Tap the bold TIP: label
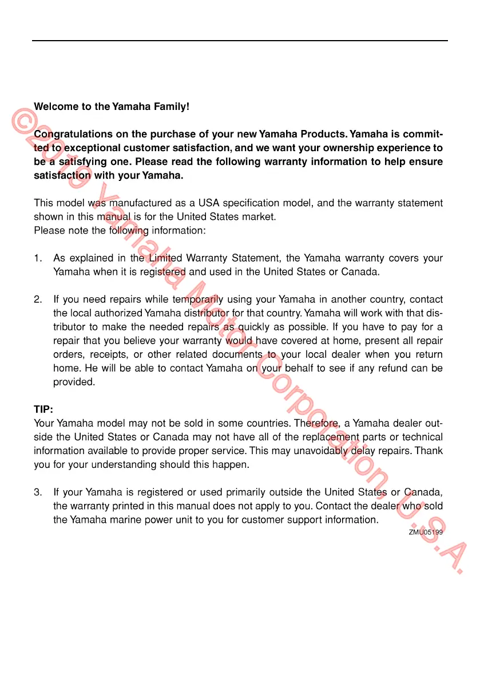43,410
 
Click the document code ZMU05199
426,532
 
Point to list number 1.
37,258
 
